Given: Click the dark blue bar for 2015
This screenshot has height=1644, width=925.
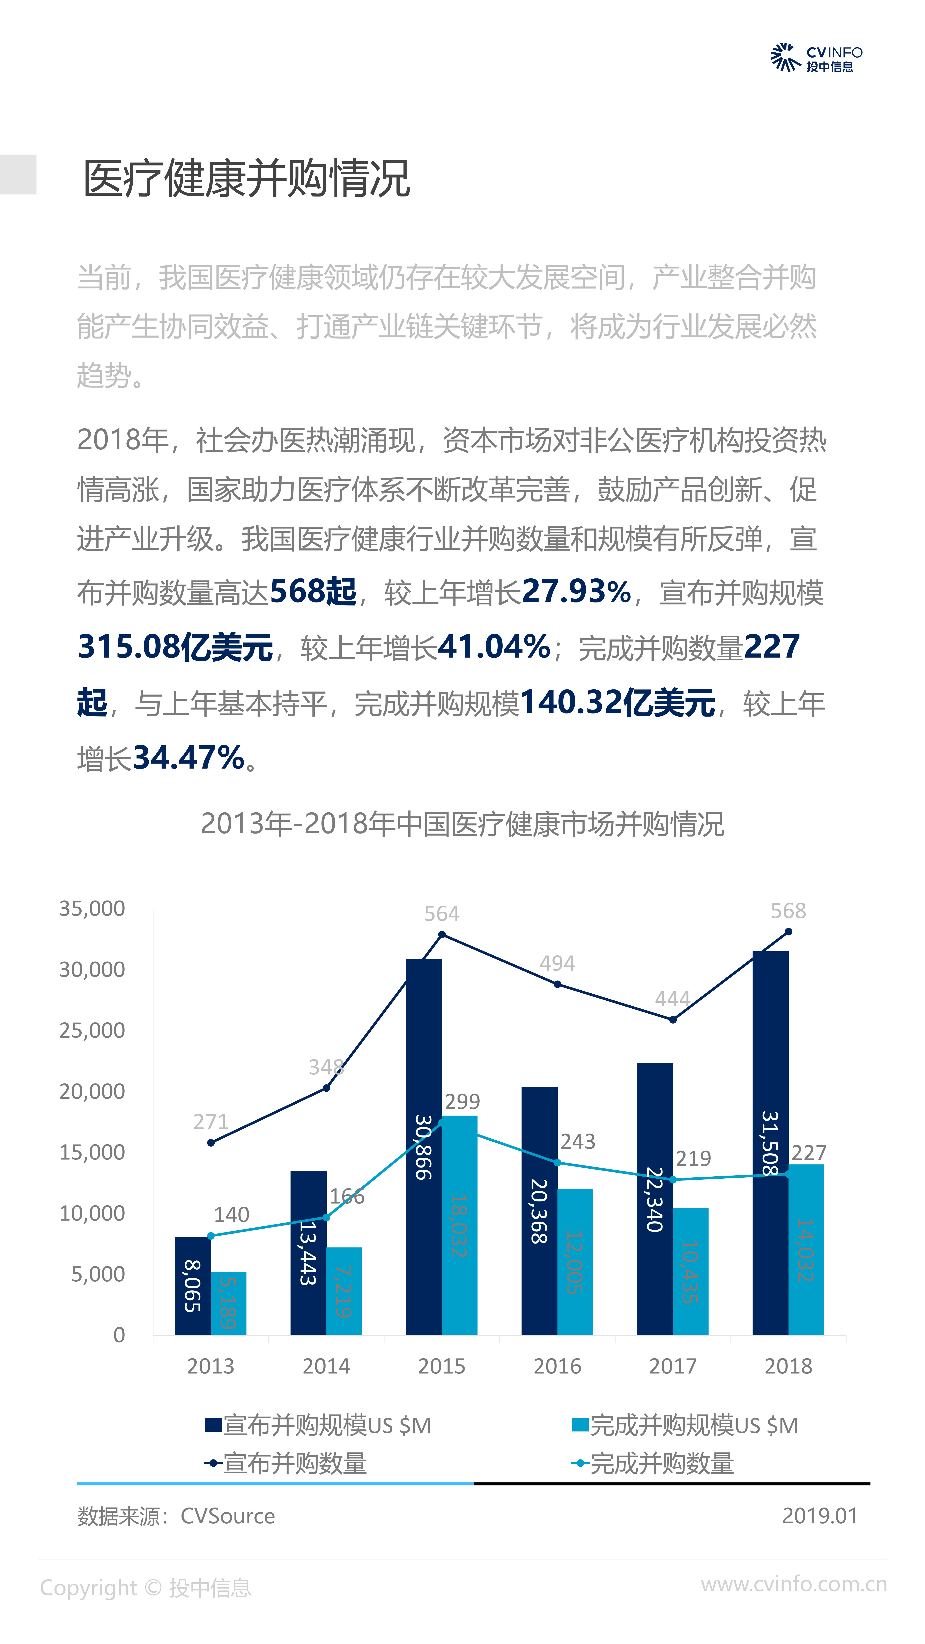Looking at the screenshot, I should coord(424,1149).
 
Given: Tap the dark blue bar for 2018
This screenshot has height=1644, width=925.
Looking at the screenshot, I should coord(770,1142).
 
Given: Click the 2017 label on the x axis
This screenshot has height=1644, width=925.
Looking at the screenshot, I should coord(673,1366).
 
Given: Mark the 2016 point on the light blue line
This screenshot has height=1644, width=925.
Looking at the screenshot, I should coord(557,1163).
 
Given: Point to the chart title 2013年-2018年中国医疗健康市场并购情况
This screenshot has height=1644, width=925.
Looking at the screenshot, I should coord(462,824).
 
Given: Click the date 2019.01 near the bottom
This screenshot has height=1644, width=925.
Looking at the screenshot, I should coord(820,1516).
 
